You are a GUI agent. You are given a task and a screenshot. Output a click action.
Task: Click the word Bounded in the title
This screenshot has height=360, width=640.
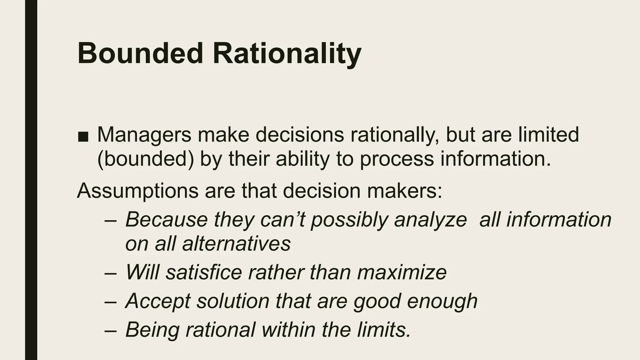point(140,53)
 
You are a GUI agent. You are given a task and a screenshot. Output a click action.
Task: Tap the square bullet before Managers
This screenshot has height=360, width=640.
point(83,136)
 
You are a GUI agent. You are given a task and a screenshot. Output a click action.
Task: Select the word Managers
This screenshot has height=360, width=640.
point(144,135)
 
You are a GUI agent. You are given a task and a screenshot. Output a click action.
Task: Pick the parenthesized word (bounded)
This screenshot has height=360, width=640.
point(145,159)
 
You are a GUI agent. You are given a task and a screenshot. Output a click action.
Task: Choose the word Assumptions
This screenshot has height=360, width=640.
point(137,191)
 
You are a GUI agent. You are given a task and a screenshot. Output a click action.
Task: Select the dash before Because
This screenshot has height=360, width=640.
point(111,220)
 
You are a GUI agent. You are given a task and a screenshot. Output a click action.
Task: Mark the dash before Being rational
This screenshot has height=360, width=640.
point(111,330)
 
